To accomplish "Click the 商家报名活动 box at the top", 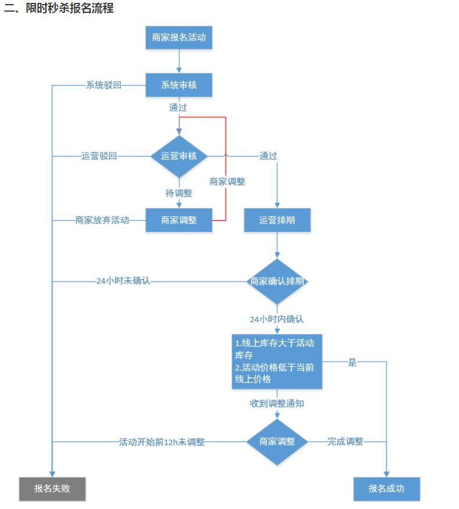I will pyautogui.click(x=179, y=38).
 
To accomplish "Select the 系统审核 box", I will pyautogui.click(x=179, y=85).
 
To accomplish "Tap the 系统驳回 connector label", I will pyautogui.click(x=104, y=85).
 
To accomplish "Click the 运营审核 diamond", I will pyautogui.click(x=179, y=156).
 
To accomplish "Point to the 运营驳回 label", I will pyautogui.click(x=99, y=156).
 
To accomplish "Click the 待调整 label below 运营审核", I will pyautogui.click(x=179, y=193).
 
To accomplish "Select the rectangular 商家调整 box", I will pyautogui.click(x=179, y=220).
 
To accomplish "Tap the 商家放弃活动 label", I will pyautogui.click(x=102, y=220).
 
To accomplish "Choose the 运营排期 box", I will pyautogui.click(x=277, y=220).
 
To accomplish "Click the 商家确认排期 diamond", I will pyautogui.click(x=277, y=281).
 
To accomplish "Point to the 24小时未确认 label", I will pyautogui.click(x=123, y=281).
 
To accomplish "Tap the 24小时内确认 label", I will pyautogui.click(x=277, y=319).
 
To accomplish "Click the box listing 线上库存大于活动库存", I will pyautogui.click(x=277, y=361).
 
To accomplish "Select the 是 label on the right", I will pyautogui.click(x=352, y=362).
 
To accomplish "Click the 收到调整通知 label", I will pyautogui.click(x=277, y=403).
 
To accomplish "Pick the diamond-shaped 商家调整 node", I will pyautogui.click(x=277, y=441).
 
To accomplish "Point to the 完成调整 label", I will pyautogui.click(x=345, y=441).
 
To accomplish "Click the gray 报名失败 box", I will pyautogui.click(x=52, y=489).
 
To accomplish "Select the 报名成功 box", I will pyautogui.click(x=386, y=489).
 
